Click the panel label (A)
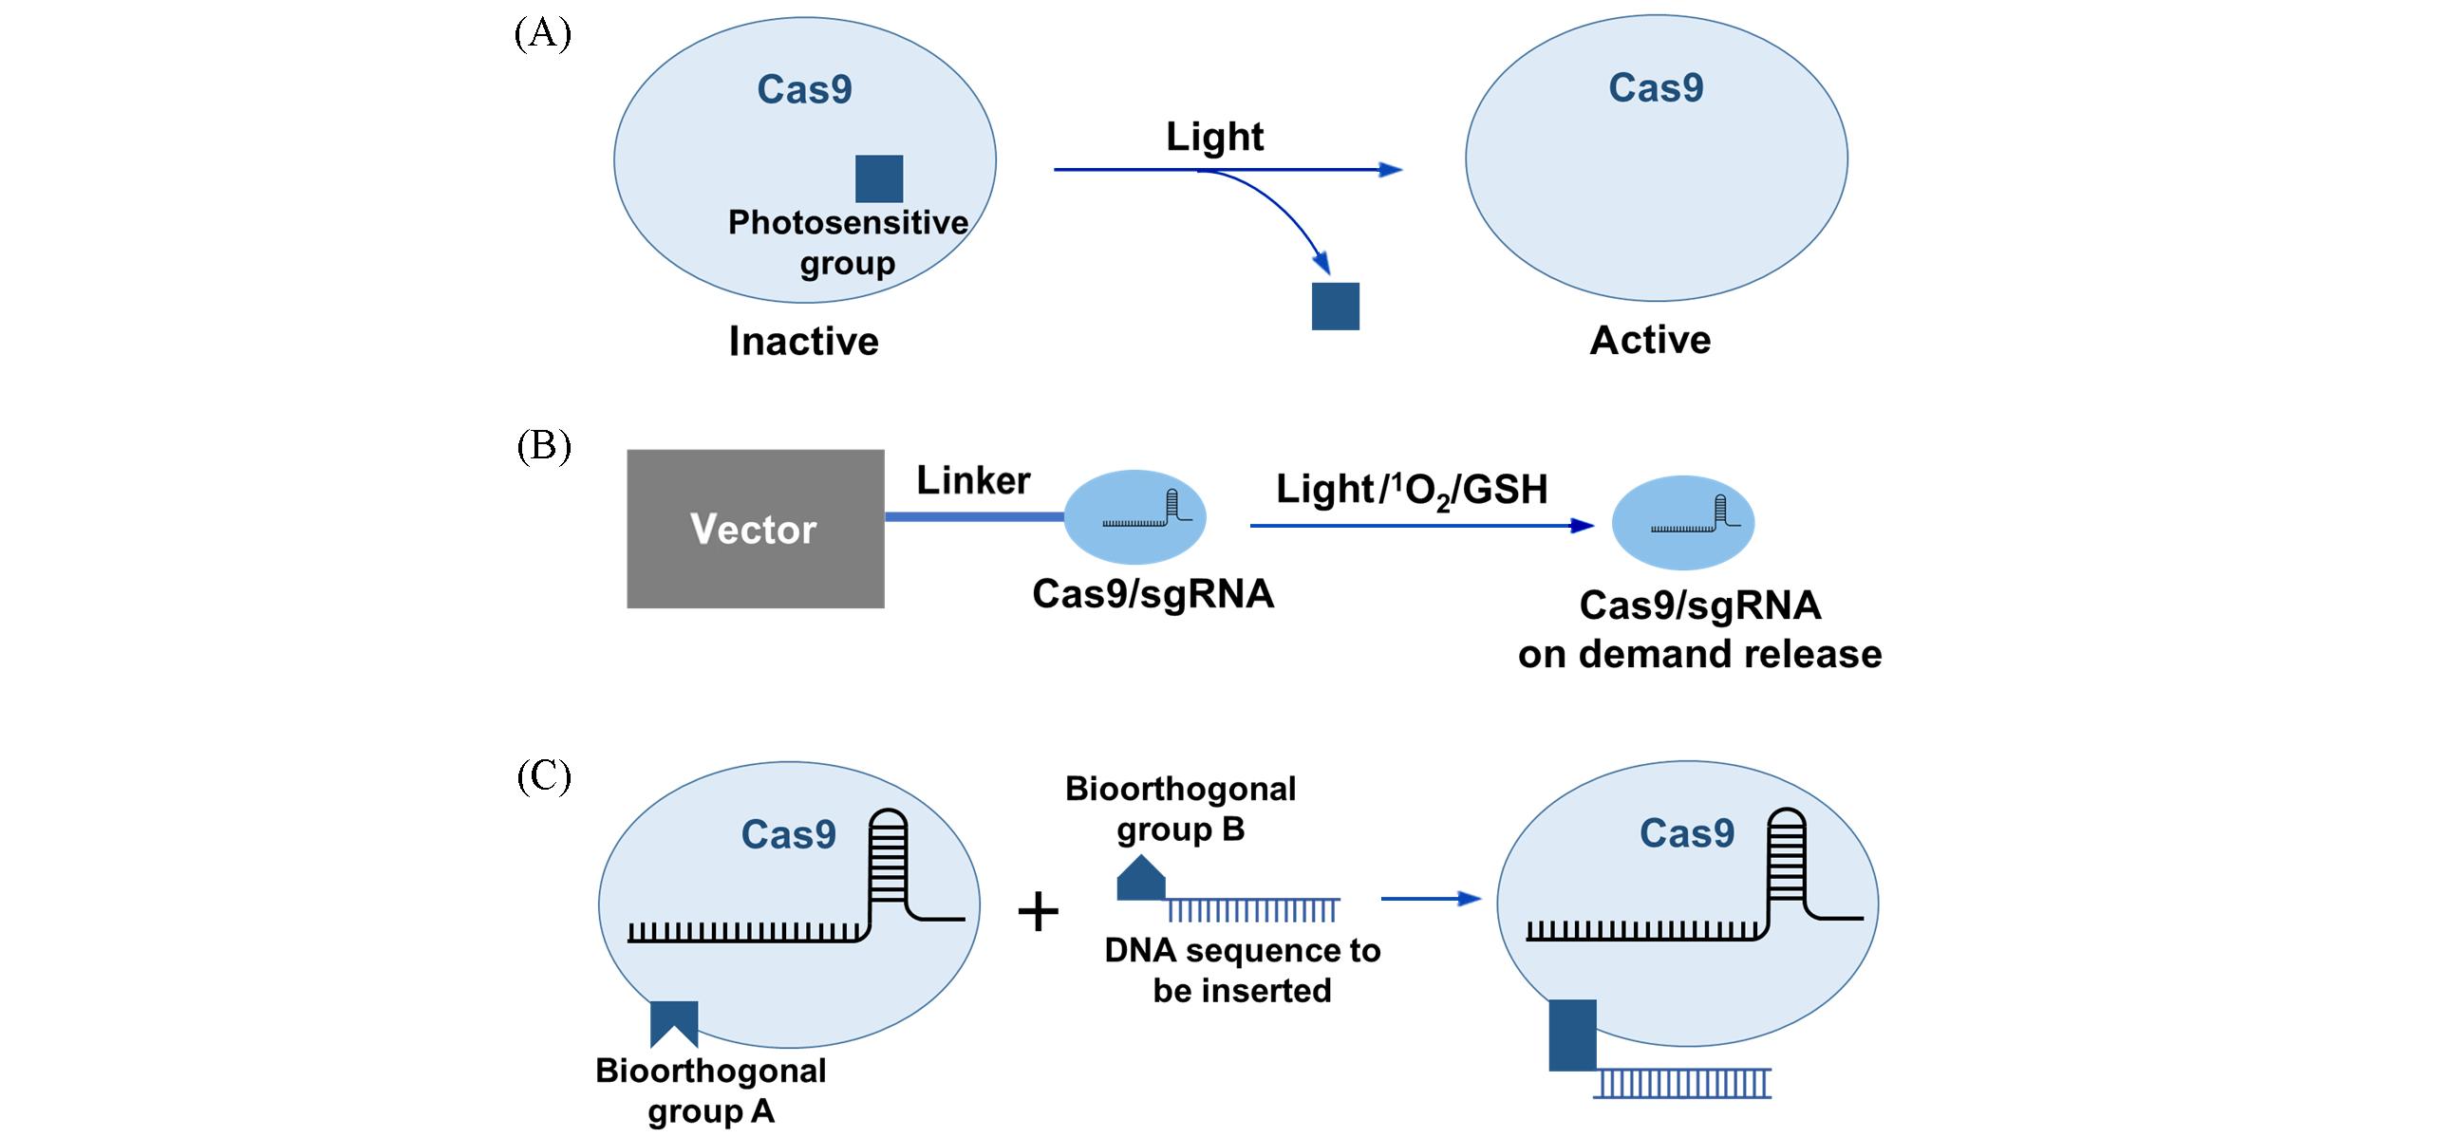click(x=543, y=34)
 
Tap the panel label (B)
click(x=544, y=446)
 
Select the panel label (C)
click(x=544, y=776)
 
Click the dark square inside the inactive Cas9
click(x=879, y=179)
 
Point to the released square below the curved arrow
click(x=1335, y=307)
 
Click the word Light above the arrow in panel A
click(x=1214, y=137)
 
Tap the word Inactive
click(x=803, y=341)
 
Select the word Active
click(x=1650, y=340)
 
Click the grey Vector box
click(x=756, y=529)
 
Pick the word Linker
click(x=973, y=480)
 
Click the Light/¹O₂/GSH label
click(x=1411, y=490)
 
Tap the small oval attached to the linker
click(x=1134, y=518)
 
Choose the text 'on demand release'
click(x=1699, y=654)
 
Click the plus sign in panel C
click(x=1038, y=912)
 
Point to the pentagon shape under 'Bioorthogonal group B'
click(x=1140, y=878)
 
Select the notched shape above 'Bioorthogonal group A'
click(x=674, y=1023)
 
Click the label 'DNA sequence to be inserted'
click(x=1242, y=970)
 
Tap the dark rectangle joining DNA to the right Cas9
click(x=1572, y=1035)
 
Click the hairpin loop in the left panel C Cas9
click(x=889, y=854)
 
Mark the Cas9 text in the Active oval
click(x=1656, y=87)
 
